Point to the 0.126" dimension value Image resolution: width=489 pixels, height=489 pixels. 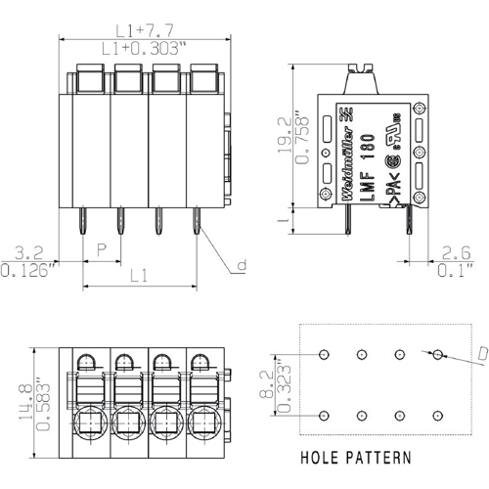[28, 267]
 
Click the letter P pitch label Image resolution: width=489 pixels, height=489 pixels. [102, 250]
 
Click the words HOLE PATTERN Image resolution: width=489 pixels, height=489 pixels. [355, 457]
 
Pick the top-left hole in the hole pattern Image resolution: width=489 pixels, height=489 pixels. [325, 354]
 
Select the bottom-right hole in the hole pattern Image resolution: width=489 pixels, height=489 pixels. [437, 416]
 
